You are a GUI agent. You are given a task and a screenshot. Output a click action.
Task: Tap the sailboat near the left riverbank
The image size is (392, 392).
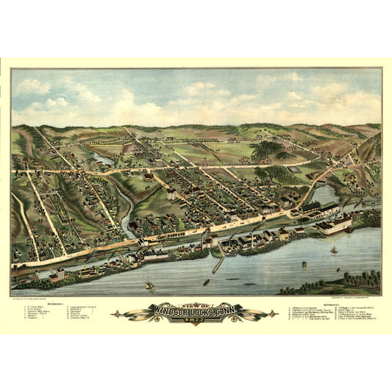pyautogui.click(x=149, y=285)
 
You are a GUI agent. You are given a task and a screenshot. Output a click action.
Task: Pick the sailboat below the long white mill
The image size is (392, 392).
pyautogui.click(x=332, y=250)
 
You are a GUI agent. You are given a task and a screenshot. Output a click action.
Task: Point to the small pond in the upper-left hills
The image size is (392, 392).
pyautogui.click(x=103, y=160)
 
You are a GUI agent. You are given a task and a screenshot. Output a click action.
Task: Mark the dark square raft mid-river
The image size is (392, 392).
pyautogui.click(x=206, y=281)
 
